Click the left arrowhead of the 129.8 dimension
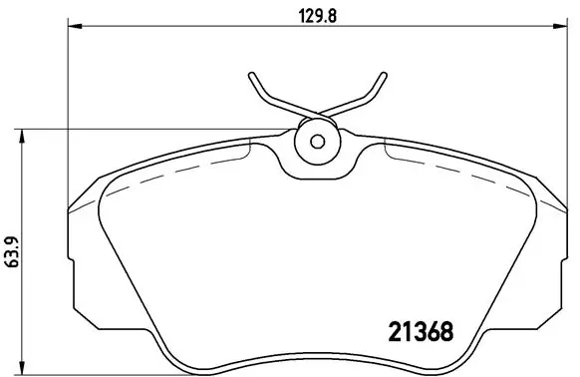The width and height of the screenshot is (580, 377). (72, 29)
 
